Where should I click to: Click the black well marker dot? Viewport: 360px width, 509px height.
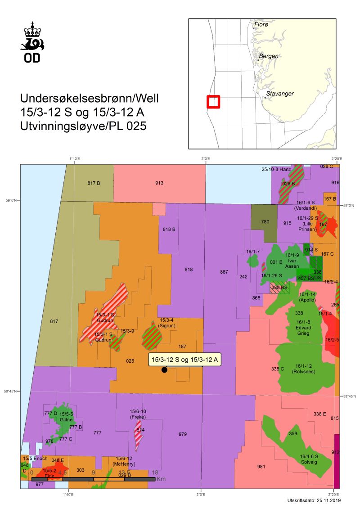coord(164,370)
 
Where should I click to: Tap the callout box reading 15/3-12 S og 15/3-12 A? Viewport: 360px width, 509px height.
coord(184,359)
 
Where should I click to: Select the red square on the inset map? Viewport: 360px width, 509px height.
coord(213,102)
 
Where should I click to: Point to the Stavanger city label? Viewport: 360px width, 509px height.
coord(279,94)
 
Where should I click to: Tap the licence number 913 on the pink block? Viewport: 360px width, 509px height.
coord(159,183)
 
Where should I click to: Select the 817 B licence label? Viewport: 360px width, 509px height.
coord(93,183)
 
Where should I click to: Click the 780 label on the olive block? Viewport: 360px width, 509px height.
coord(265,221)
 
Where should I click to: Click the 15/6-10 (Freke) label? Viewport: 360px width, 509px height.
coord(138,414)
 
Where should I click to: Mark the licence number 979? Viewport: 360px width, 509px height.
coord(182,434)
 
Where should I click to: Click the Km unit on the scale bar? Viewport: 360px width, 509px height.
coord(161,479)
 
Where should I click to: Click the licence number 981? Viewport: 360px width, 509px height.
coord(261,467)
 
